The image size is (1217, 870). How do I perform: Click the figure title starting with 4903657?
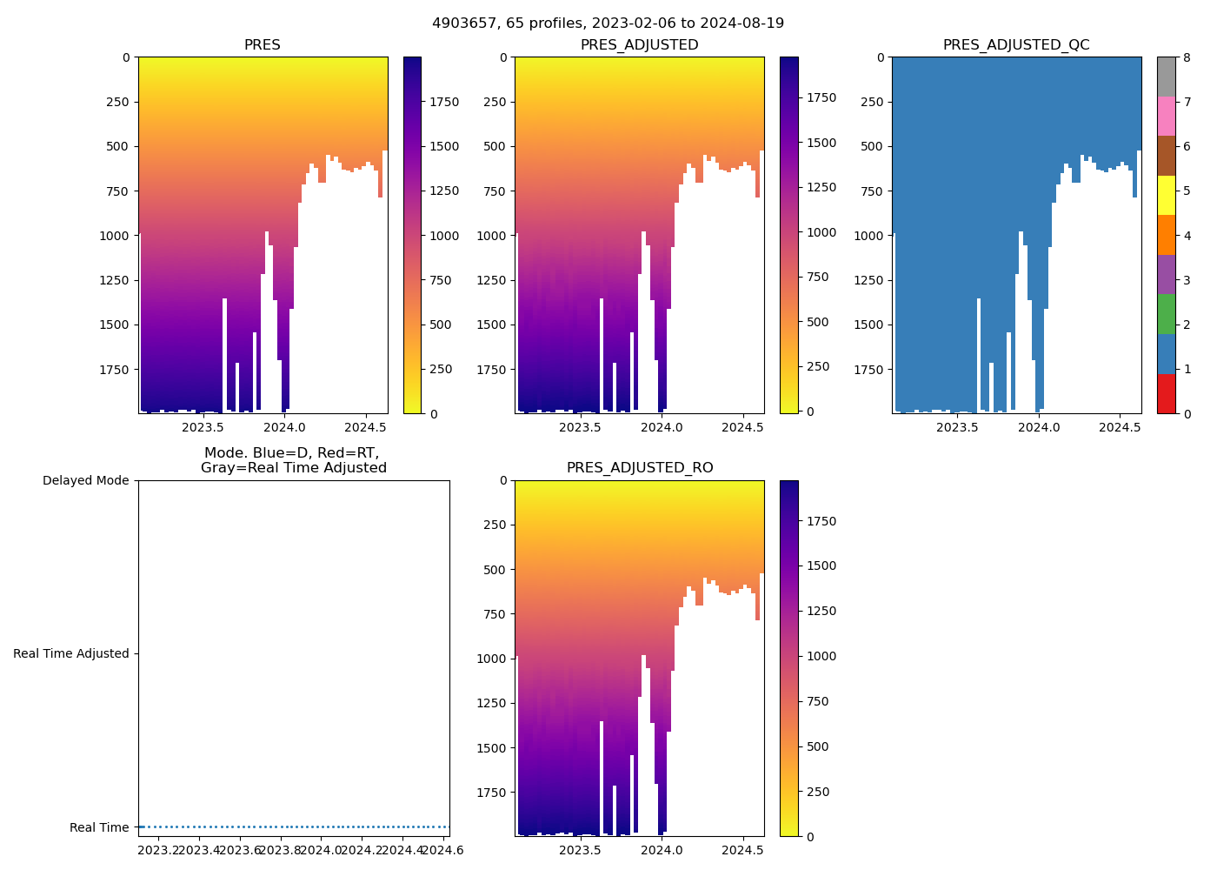(x=608, y=23)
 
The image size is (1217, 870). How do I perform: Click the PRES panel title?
(x=262, y=45)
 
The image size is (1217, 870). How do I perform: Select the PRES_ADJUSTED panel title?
(x=639, y=45)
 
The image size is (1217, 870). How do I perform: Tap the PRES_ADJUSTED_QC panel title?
(x=1016, y=45)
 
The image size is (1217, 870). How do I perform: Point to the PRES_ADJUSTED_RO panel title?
(x=639, y=468)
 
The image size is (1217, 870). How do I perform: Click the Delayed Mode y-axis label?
(x=85, y=481)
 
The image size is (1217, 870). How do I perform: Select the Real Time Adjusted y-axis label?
(x=70, y=654)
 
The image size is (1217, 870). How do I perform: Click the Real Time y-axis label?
(x=99, y=827)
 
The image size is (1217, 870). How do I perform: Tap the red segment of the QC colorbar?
(x=1166, y=394)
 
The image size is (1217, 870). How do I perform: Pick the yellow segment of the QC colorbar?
(x=1166, y=196)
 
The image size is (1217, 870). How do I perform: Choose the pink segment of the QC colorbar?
(x=1166, y=117)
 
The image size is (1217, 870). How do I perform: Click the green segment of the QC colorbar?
(x=1166, y=314)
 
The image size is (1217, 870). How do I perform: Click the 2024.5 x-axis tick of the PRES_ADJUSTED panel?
(x=742, y=427)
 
